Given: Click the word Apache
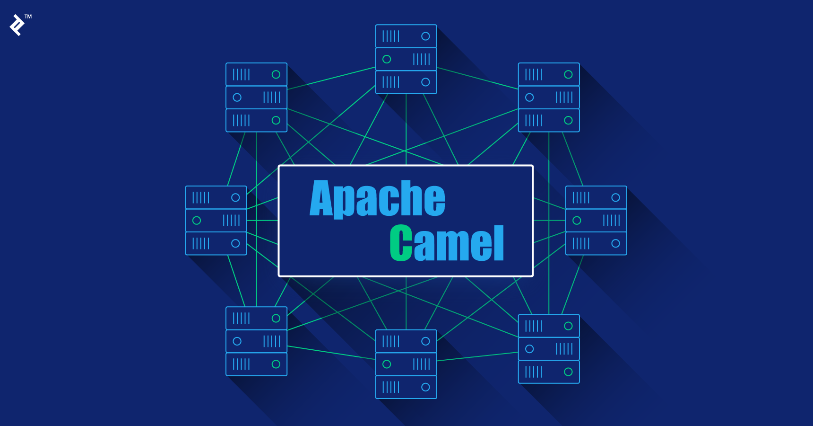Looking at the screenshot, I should (x=377, y=199).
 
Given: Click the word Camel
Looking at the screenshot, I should (x=447, y=243).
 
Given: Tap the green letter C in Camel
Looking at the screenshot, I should (x=401, y=243).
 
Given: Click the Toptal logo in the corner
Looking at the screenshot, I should (x=17, y=25).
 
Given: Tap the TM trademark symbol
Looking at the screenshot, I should (x=28, y=17).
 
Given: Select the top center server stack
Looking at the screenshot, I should (x=406, y=59).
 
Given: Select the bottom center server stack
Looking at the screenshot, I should (x=406, y=364).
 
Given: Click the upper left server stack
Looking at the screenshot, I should (x=256, y=97).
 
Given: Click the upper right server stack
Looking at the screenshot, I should (x=549, y=97).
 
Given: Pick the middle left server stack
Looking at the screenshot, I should (x=216, y=220).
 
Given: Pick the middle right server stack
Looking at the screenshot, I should (x=596, y=220).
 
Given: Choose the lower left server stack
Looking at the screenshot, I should (x=256, y=341).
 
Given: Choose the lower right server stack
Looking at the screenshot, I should (x=549, y=349).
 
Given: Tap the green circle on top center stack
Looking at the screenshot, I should (x=387, y=59).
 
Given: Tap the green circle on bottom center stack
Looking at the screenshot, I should (x=387, y=364).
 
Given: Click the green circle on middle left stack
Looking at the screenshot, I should (x=197, y=221).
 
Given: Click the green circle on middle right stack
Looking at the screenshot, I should (x=577, y=221).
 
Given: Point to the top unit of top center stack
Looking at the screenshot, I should (x=406, y=36).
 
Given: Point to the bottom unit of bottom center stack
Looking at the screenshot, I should (x=406, y=387).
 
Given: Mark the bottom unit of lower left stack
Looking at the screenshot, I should (x=256, y=364).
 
